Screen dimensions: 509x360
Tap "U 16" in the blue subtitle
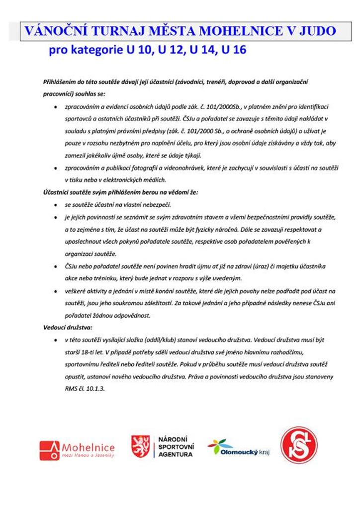234,51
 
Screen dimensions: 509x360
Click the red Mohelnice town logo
77,450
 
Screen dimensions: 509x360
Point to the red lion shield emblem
141,446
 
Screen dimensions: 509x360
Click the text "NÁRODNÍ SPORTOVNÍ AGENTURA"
175,446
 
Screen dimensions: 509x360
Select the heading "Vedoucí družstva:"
61,328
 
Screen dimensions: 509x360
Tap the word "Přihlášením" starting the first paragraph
56,81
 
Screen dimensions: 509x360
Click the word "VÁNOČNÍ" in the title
52,31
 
